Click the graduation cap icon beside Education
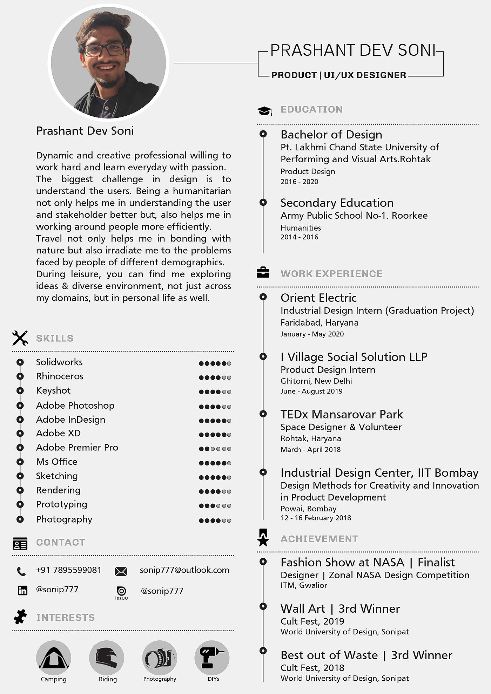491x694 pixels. pyautogui.click(x=264, y=111)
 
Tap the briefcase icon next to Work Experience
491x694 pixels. pyautogui.click(x=263, y=273)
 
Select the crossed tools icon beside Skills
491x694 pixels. pyautogui.click(x=20, y=338)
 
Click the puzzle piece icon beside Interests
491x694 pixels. pyautogui.click(x=20, y=617)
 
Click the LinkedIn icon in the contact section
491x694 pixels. pyautogui.click(x=22, y=591)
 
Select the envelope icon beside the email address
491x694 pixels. pyautogui.click(x=121, y=572)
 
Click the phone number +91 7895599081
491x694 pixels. pyautogui.click(x=69, y=570)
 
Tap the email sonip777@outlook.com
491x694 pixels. pyautogui.click(x=184, y=570)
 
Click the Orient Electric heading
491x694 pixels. pyautogui.click(x=318, y=298)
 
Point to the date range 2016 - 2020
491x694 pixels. pyautogui.click(x=299, y=182)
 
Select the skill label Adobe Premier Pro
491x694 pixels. pyautogui.click(x=77, y=448)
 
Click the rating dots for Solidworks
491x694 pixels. pyautogui.click(x=215, y=363)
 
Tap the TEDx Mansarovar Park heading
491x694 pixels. pyautogui.click(x=342, y=414)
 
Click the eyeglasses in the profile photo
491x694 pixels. pyautogui.click(x=105, y=50)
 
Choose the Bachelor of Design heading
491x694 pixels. pyautogui.click(x=331, y=135)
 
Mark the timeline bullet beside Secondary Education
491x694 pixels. pyautogui.click(x=263, y=202)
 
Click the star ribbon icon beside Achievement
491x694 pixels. pyautogui.click(x=263, y=538)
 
